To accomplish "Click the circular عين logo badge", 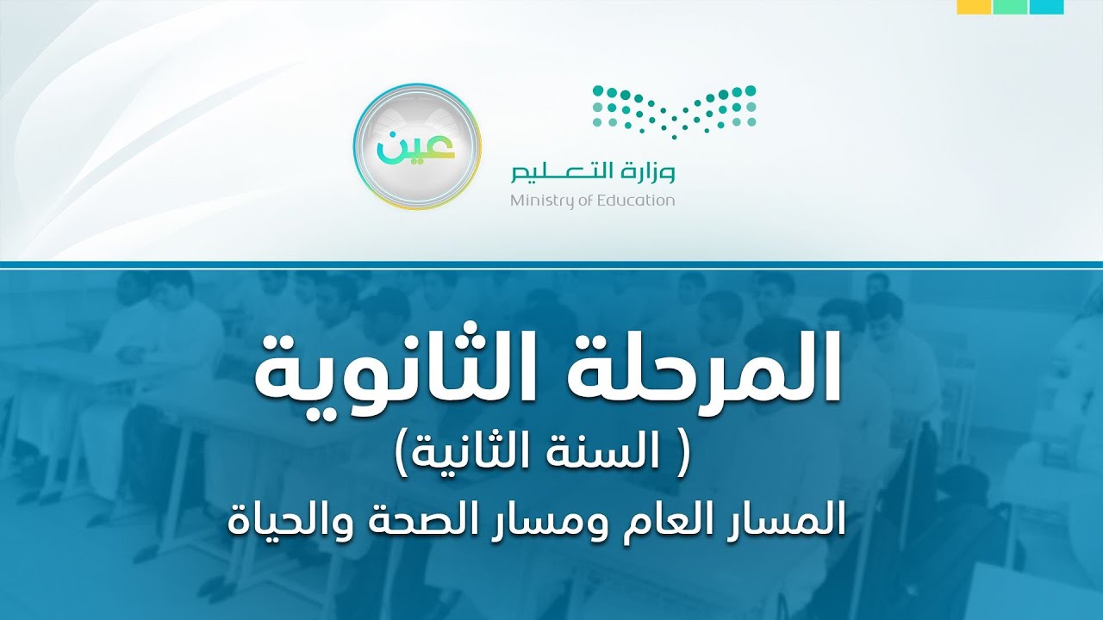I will point(417,146).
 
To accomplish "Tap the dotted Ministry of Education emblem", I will point(674,109).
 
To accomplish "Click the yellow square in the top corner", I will point(973,7).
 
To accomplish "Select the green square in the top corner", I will point(1010,7).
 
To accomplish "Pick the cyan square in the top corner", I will point(1047,7).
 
